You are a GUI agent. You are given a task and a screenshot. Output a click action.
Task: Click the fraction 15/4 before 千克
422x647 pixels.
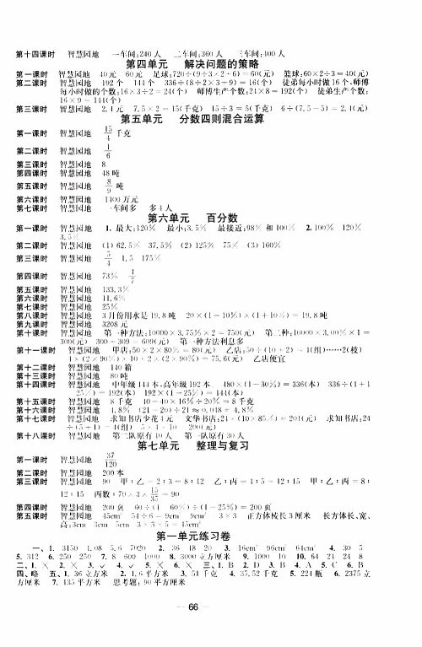coord(107,133)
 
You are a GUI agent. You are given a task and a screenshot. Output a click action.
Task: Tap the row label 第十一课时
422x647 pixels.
coord(32,350)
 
